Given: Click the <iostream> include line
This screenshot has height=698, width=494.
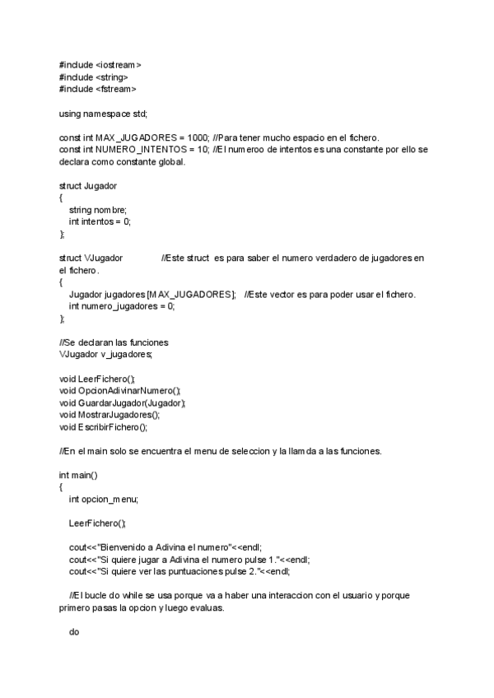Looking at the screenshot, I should tap(100, 64).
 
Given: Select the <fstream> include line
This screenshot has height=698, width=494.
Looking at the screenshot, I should tap(98, 88).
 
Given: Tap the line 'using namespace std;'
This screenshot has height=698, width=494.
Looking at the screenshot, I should tap(103, 113).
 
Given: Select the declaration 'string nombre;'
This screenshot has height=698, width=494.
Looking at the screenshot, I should tap(98, 209).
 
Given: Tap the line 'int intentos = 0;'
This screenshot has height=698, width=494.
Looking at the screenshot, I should tap(100, 221).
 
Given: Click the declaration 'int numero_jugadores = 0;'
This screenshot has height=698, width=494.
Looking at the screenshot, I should tap(122, 306).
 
